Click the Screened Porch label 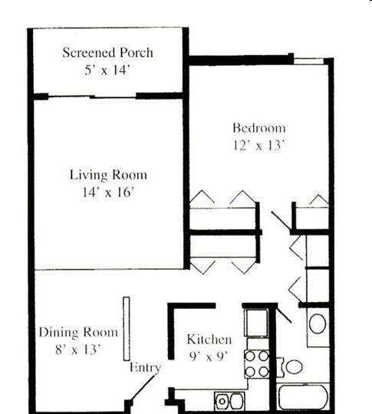(108, 52)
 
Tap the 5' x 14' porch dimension (107, 70)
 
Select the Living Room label (108, 175)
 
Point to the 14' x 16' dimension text (109, 192)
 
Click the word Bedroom (259, 128)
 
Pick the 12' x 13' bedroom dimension (259, 145)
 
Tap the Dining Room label (78, 332)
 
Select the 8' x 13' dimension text (78, 350)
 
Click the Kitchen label (209, 339)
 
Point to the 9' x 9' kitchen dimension (209, 356)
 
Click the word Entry (145, 367)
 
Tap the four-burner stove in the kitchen (257, 364)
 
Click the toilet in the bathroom (291, 366)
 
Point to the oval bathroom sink (318, 324)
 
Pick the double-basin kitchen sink (229, 402)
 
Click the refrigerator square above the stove (256, 322)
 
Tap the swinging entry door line (143, 388)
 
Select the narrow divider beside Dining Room (127, 329)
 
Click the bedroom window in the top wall (309, 61)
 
